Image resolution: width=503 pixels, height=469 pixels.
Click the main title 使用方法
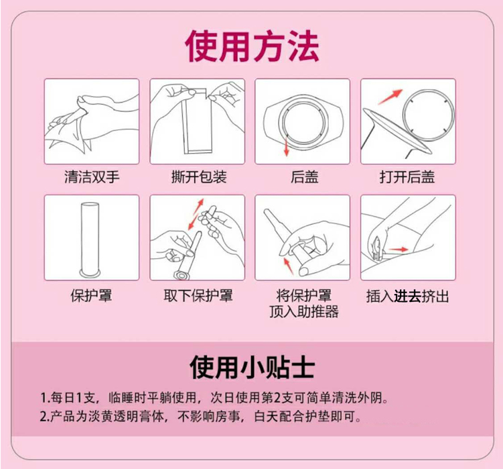tap(252, 46)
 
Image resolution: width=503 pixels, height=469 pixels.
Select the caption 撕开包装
tap(199, 177)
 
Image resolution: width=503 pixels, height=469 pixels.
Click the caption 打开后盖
tap(407, 177)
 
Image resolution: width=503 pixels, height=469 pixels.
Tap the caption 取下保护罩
tap(199, 295)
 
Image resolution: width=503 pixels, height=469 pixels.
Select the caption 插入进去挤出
tap(407, 296)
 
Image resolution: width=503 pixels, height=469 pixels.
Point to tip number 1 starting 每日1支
tap(214, 396)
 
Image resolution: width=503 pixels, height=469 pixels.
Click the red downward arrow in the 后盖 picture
tap(287, 148)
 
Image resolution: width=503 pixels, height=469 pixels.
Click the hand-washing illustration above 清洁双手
tap(92, 121)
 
